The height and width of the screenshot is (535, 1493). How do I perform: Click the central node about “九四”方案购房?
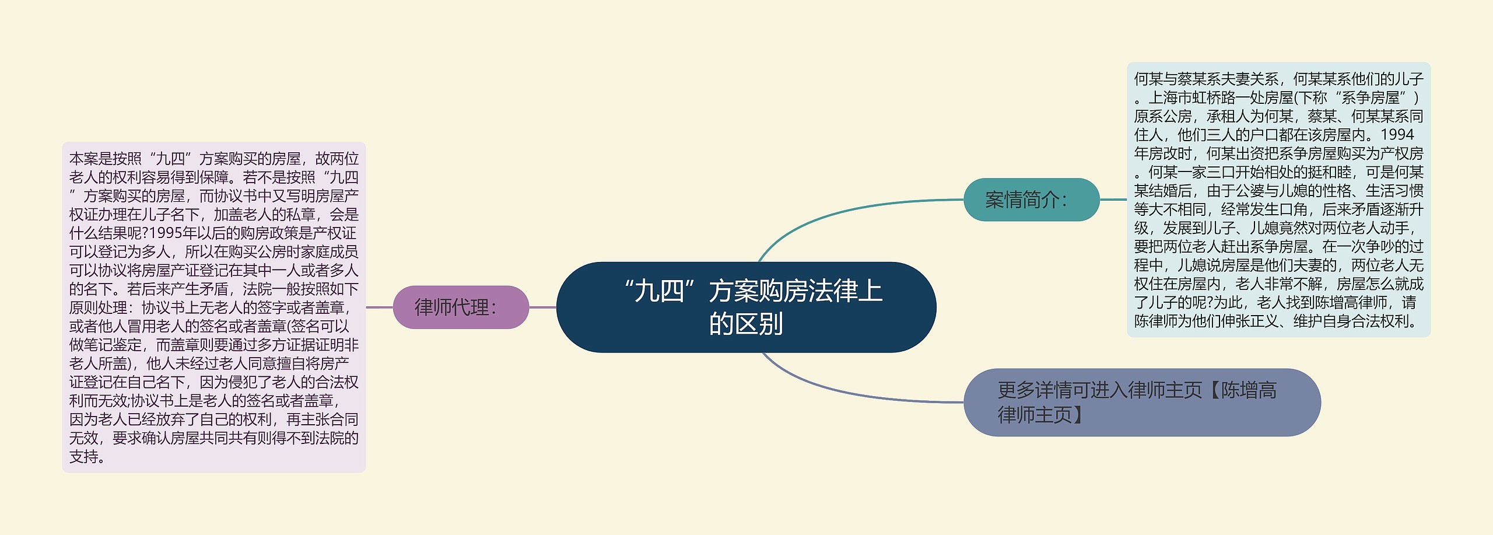tap(746, 307)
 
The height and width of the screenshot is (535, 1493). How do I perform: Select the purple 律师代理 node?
tap(461, 307)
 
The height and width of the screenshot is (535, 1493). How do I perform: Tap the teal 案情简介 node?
tap(1031, 200)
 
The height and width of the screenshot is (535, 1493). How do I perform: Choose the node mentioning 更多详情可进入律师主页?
tap(1141, 402)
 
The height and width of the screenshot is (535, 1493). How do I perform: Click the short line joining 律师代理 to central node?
tap(542, 307)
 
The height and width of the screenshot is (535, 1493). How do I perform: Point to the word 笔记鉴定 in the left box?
tap(127, 345)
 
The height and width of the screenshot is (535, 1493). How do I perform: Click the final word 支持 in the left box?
tap(84, 457)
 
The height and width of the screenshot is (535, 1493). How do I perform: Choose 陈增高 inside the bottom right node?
tap(1249, 390)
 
